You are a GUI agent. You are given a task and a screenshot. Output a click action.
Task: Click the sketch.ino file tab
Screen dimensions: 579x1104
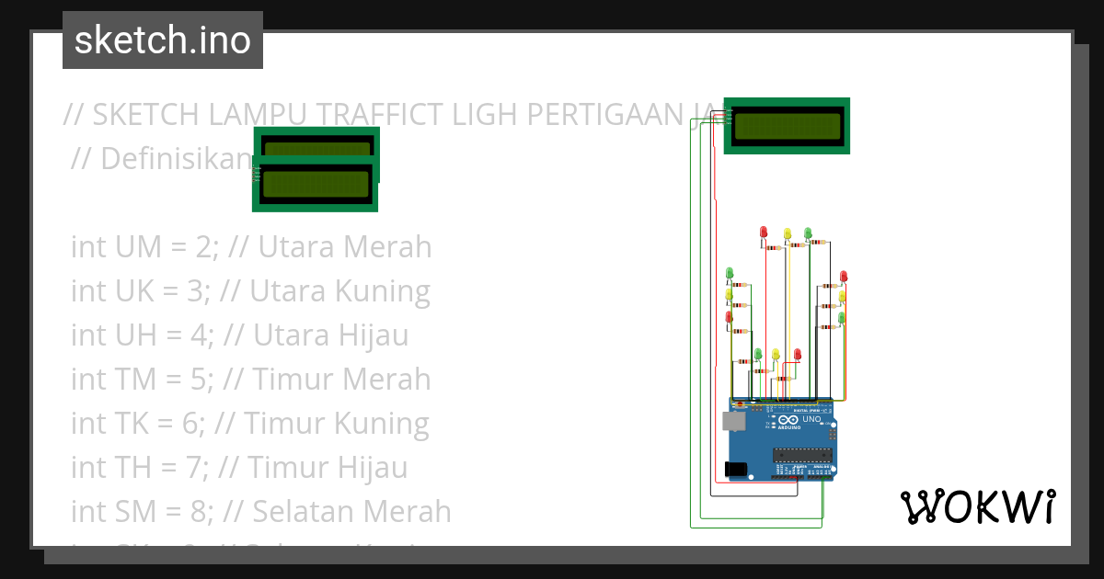tap(163, 40)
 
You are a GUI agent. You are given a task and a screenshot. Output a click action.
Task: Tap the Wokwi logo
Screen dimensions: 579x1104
tap(977, 506)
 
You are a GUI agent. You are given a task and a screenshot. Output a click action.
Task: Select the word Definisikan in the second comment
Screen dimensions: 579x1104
tap(175, 159)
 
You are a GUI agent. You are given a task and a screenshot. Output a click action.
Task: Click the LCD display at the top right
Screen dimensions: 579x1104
tap(787, 126)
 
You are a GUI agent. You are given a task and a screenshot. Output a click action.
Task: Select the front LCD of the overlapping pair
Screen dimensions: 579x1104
tap(316, 185)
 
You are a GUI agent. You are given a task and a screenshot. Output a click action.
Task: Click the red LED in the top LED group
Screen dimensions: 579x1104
tap(764, 232)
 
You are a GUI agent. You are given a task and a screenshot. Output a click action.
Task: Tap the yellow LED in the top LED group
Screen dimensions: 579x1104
tap(787, 233)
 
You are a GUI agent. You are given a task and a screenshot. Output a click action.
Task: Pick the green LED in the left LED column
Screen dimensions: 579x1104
tap(730, 273)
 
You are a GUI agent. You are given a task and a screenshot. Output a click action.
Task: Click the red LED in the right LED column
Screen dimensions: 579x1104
tap(844, 276)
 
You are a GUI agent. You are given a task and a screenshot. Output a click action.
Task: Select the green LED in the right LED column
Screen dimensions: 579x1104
tap(842, 317)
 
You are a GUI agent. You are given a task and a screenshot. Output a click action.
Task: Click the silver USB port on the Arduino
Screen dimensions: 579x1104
tap(734, 421)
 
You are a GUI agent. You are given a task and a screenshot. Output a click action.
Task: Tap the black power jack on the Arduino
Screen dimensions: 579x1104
tap(736, 470)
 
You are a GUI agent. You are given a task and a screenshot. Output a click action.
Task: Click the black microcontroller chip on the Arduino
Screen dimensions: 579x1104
tap(802, 454)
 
